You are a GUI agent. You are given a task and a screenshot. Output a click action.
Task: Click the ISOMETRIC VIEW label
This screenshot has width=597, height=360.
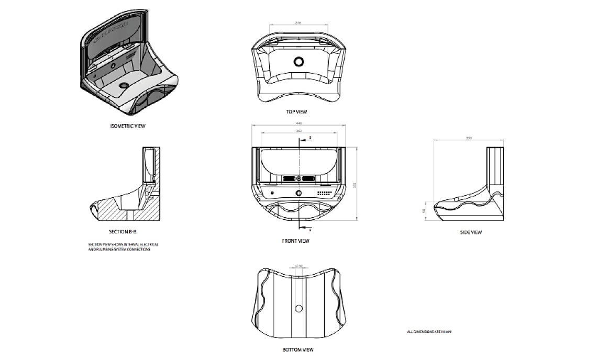pos(128,126)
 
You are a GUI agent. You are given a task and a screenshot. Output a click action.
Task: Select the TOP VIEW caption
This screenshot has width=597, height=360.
pos(296,111)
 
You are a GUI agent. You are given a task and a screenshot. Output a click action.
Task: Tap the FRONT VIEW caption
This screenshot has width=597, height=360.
pos(296,241)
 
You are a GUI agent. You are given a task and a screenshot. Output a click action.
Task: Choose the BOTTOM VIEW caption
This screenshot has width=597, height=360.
pos(297,350)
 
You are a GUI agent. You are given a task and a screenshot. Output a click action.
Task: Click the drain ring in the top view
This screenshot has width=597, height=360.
pos(299,61)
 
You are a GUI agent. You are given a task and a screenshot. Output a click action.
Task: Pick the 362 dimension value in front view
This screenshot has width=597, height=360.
pos(298,130)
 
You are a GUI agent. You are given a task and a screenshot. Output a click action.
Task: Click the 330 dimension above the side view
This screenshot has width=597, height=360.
pos(469,138)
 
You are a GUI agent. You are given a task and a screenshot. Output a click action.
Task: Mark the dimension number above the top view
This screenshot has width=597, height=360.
pos(298,23)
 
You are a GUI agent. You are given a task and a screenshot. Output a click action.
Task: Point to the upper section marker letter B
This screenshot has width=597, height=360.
pos(309,138)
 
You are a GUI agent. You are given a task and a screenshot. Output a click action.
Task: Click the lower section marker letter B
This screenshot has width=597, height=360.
pos(309,229)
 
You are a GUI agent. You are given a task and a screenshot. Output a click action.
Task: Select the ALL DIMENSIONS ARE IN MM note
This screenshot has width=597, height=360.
pos(429,331)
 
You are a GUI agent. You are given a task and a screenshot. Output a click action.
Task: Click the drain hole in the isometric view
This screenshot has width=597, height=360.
pos(125,84)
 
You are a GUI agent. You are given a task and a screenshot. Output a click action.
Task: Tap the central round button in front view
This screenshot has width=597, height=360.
pos(299,193)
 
